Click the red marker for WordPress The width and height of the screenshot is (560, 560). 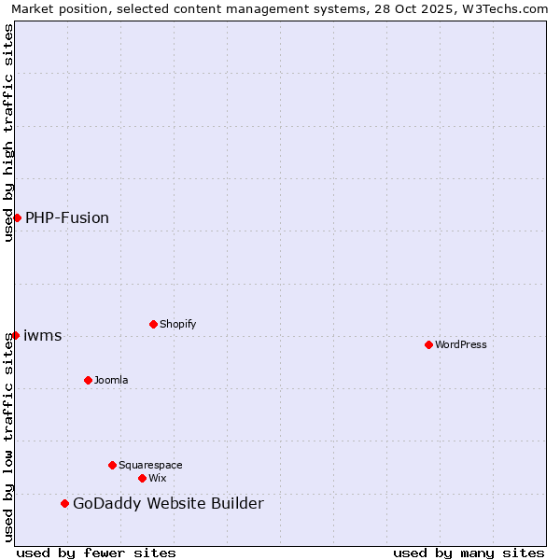pos(428,344)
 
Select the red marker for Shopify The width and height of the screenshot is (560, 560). pos(153,324)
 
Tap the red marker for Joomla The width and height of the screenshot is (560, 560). pos(88,380)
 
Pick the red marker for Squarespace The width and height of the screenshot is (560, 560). pos(112,465)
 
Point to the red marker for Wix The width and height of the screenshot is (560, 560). pos(142,478)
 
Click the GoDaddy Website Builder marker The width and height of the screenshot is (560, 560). pos(64,504)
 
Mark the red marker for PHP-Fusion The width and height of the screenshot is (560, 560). pos(17,217)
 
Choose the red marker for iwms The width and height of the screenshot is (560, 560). pos(15,335)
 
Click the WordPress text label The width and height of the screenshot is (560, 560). pos(460,344)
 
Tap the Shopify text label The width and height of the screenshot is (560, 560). pos(177,324)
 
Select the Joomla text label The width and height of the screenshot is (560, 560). pos(111,380)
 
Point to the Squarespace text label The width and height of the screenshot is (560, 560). pos(150,465)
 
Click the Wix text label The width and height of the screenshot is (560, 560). pos(157,478)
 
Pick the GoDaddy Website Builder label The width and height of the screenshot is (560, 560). pos(168,504)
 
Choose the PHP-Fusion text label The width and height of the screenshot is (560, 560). pos(67,217)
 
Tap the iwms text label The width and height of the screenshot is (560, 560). pos(42,335)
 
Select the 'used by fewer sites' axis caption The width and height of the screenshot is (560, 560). pos(96,553)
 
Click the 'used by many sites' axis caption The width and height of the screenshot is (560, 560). pos(469,553)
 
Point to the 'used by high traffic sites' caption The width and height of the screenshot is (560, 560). pos(9,133)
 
